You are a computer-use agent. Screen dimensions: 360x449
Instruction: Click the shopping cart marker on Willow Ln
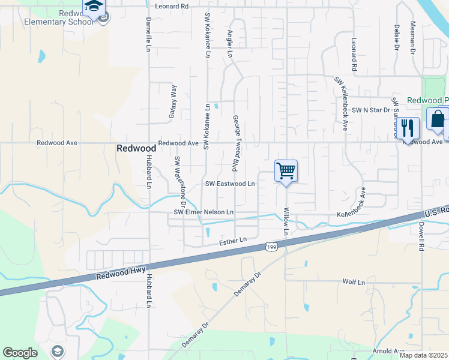tap(286, 171)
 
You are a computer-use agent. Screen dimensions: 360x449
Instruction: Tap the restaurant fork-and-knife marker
tap(408, 128)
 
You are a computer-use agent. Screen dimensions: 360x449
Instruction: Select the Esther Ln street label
tap(234, 241)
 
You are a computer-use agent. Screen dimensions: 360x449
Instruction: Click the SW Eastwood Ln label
tap(230, 184)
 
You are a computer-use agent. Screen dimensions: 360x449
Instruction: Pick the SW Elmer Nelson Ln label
tap(203, 212)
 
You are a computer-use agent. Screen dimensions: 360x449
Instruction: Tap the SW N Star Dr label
tap(371, 110)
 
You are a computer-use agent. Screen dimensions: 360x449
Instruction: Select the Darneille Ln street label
tap(148, 34)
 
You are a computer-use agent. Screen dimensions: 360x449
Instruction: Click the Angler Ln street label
tap(230, 44)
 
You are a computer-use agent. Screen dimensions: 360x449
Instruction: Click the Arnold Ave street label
tap(388, 351)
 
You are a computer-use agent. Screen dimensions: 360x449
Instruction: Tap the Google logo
tap(20, 353)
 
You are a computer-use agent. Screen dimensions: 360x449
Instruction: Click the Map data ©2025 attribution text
tap(424, 355)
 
